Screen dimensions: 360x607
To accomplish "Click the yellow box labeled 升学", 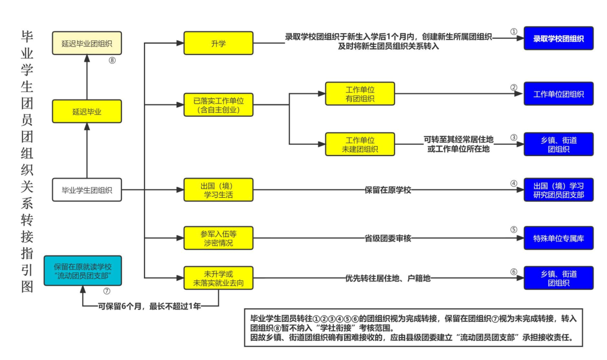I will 219,43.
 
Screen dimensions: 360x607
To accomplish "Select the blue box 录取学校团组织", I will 558,39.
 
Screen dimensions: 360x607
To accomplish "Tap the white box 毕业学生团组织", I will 87,190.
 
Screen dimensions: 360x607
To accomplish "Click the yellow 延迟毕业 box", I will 87,111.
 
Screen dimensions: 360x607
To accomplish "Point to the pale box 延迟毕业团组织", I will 87,43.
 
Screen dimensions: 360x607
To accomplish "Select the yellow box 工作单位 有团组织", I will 360,94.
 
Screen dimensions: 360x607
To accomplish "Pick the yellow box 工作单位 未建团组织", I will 360,144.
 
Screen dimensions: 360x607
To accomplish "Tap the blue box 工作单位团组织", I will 558,94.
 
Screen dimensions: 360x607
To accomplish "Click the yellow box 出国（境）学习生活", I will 219,190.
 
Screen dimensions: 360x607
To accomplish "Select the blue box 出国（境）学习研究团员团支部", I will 558,190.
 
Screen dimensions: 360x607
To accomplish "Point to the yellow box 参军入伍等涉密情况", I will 219,238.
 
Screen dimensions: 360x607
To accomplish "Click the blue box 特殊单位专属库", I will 558,238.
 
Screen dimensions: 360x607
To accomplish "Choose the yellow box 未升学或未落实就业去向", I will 219,277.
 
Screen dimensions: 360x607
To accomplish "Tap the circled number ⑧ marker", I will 112,61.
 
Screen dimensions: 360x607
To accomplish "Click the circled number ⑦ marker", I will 107,291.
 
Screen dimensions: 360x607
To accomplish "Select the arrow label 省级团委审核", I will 388,238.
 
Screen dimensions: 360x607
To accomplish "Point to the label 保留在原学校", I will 388,190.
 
